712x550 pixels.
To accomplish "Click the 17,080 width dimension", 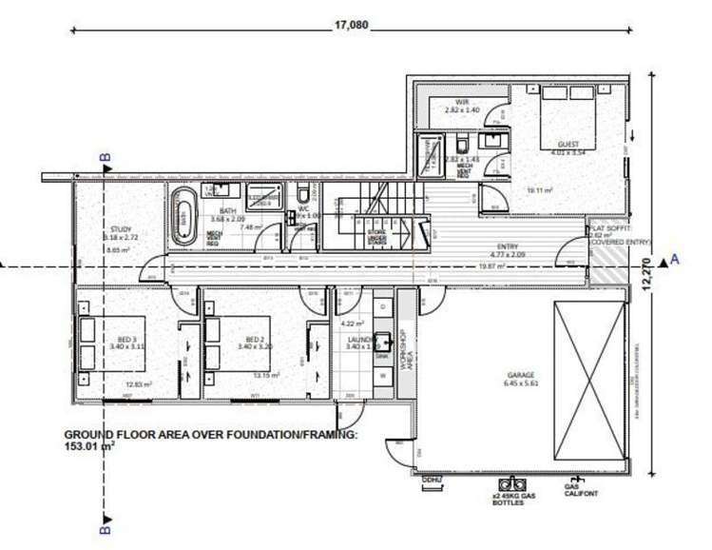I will click(x=350, y=26).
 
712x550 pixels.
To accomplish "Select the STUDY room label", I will click(x=120, y=229).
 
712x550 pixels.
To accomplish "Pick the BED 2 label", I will click(x=254, y=340).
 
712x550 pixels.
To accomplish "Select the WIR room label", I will click(x=464, y=103).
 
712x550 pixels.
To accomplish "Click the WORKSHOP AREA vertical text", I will click(x=403, y=348).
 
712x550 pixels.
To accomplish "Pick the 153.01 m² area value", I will click(x=89, y=444).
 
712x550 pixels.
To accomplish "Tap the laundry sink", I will click(x=384, y=342).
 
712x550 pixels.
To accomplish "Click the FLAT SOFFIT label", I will click(x=607, y=229).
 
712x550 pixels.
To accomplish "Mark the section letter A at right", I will click(x=675, y=258).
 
